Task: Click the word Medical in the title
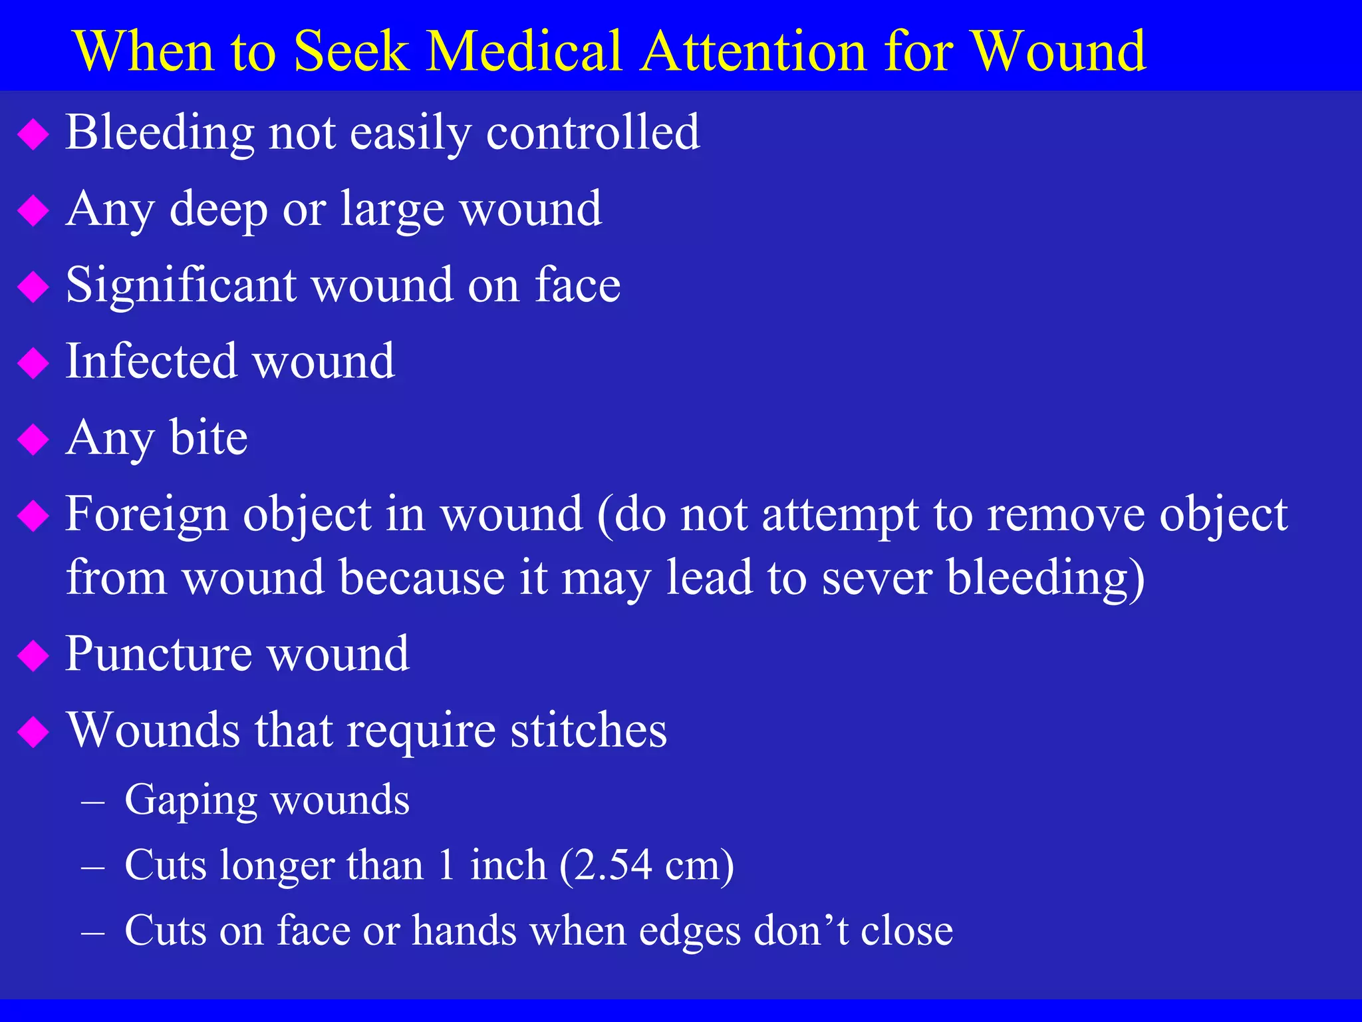[525, 51]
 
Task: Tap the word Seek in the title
[350, 51]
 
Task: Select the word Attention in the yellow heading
[755, 51]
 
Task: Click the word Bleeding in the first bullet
[160, 134]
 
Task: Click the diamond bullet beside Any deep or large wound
[33, 211]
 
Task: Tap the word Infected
[151, 361]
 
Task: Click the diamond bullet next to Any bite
[33, 440]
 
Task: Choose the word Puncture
[158, 654]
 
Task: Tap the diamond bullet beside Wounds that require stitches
[33, 733]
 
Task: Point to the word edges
[690, 931]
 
